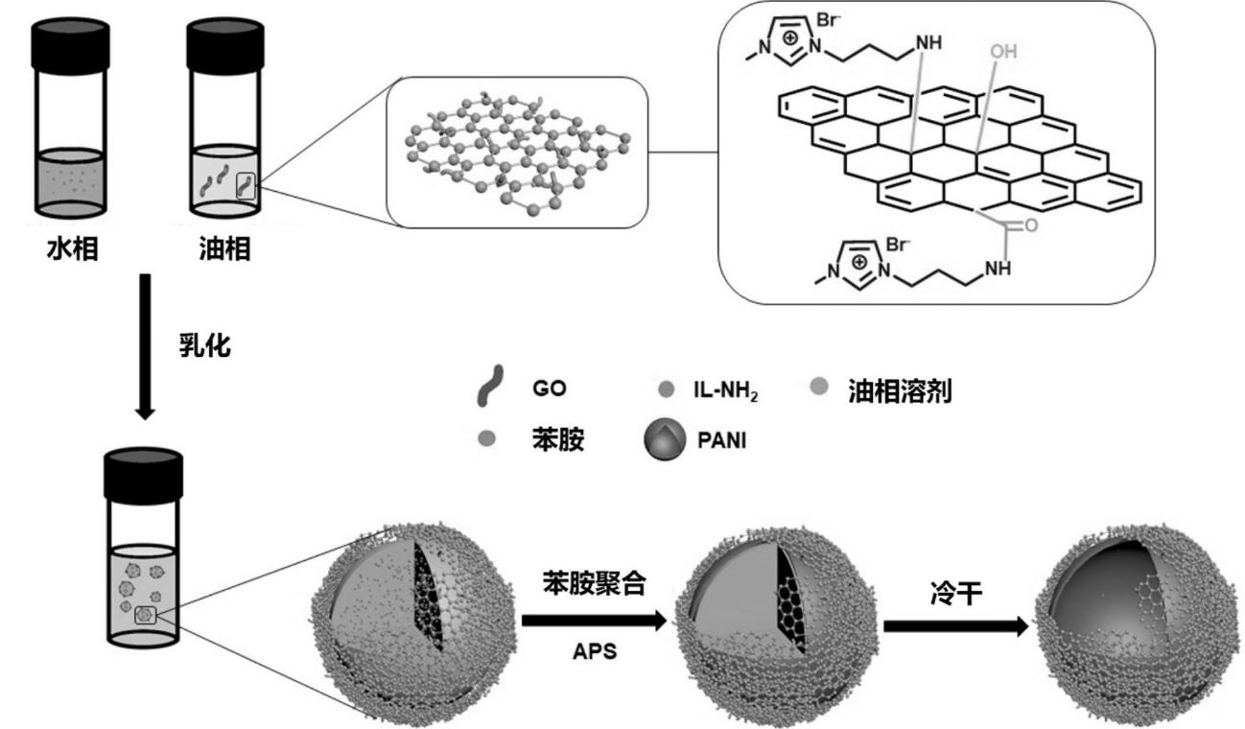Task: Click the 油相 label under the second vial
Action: click(x=227, y=251)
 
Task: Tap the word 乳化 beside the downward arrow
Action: click(x=204, y=346)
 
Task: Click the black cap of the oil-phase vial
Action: click(x=224, y=44)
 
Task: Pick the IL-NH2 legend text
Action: click(x=723, y=391)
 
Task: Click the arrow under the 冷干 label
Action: click(x=955, y=626)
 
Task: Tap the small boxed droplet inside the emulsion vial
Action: click(x=146, y=615)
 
